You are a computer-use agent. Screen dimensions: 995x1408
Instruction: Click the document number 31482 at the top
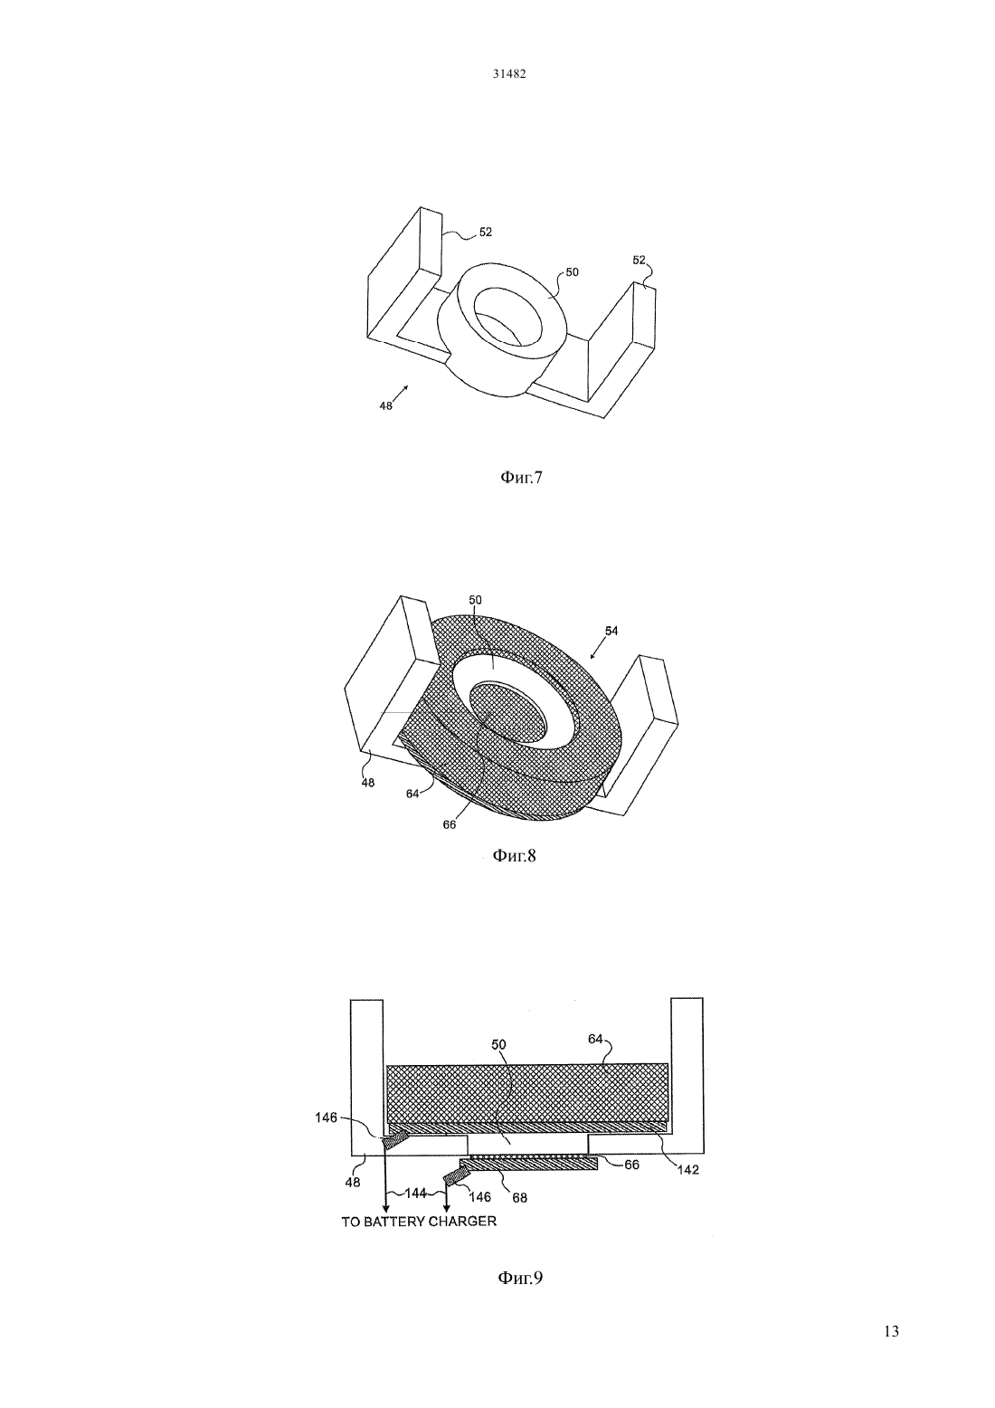click(x=508, y=74)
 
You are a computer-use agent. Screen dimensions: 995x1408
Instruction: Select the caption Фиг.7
click(x=521, y=478)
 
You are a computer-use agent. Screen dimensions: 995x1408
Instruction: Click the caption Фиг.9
click(x=520, y=1278)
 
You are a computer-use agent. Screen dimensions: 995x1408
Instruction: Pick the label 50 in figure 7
click(x=573, y=272)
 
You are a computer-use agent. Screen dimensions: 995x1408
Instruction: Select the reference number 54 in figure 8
click(x=611, y=631)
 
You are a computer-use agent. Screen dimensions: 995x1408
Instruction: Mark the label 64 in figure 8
click(x=412, y=794)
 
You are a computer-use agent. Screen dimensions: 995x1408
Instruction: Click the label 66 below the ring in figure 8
click(x=450, y=824)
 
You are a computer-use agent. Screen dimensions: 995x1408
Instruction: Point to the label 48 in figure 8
click(x=368, y=784)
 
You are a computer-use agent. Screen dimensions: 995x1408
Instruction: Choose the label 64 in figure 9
click(x=595, y=1039)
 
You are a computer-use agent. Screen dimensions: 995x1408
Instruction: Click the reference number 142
click(x=688, y=1170)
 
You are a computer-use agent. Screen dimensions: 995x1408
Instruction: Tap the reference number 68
click(x=519, y=1198)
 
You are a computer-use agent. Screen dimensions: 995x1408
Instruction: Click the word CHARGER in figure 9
click(x=466, y=1222)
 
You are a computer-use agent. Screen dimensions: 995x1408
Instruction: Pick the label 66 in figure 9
click(x=631, y=1165)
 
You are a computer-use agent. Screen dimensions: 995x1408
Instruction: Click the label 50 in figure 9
click(x=498, y=1044)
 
